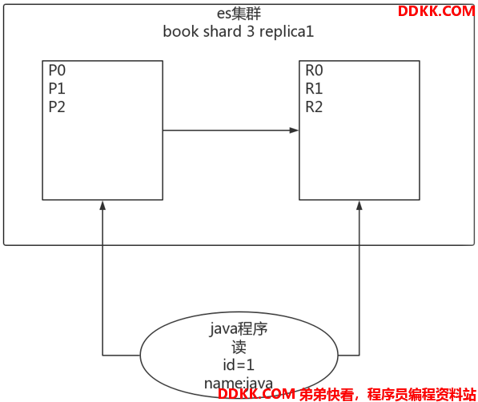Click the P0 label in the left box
[x=57, y=70]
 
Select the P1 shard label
[x=57, y=88]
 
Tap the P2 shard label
[x=57, y=107]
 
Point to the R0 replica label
[x=314, y=70]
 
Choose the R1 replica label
[x=314, y=88]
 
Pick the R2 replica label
[x=314, y=107]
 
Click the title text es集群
[x=239, y=14]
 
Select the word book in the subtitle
[x=181, y=31]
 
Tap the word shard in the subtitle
[x=223, y=31]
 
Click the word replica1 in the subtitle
[x=287, y=32]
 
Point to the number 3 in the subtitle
[x=251, y=31]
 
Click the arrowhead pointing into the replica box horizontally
[x=294, y=131]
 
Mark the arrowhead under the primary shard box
[x=102, y=205]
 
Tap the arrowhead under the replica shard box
[x=360, y=205]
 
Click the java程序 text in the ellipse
[x=239, y=329]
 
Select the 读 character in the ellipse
[x=239, y=347]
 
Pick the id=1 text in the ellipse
[x=239, y=365]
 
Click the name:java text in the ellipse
[x=239, y=383]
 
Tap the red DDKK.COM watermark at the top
[x=436, y=11]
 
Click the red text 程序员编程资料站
[x=422, y=394]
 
